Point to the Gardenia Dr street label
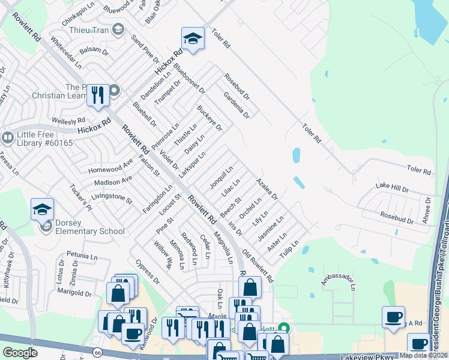point(236,104)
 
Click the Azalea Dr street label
point(267,188)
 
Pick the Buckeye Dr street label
point(209,118)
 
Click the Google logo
point(20,353)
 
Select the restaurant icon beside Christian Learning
point(97,95)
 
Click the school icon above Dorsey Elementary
point(42,209)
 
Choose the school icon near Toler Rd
point(193,38)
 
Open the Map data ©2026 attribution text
point(423,355)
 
